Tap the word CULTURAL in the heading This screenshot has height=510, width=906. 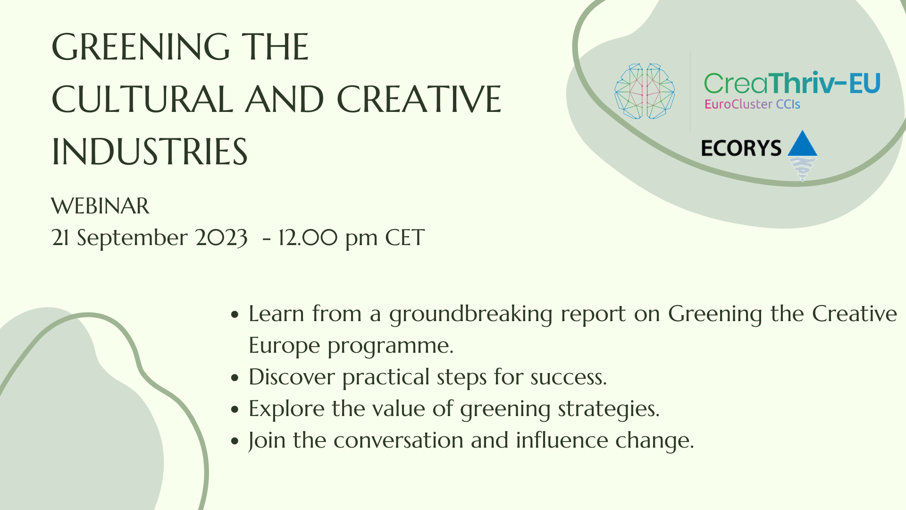pyautogui.click(x=143, y=100)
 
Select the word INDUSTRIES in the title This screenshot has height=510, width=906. pyautogui.click(x=150, y=152)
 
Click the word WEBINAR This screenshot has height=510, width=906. pyautogui.click(x=100, y=206)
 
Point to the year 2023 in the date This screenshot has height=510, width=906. pyautogui.click(x=222, y=238)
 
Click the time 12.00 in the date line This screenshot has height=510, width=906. pyautogui.click(x=308, y=238)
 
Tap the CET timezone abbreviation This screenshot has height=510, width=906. pyautogui.click(x=405, y=238)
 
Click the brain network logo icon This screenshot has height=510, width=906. pyautogui.click(x=645, y=91)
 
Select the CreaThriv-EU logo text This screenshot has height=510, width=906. pyautogui.click(x=792, y=83)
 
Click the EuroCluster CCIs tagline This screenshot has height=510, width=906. pyautogui.click(x=752, y=104)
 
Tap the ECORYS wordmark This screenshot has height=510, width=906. pyautogui.click(x=741, y=148)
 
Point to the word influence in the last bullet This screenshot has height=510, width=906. pyautogui.click(x=562, y=441)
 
